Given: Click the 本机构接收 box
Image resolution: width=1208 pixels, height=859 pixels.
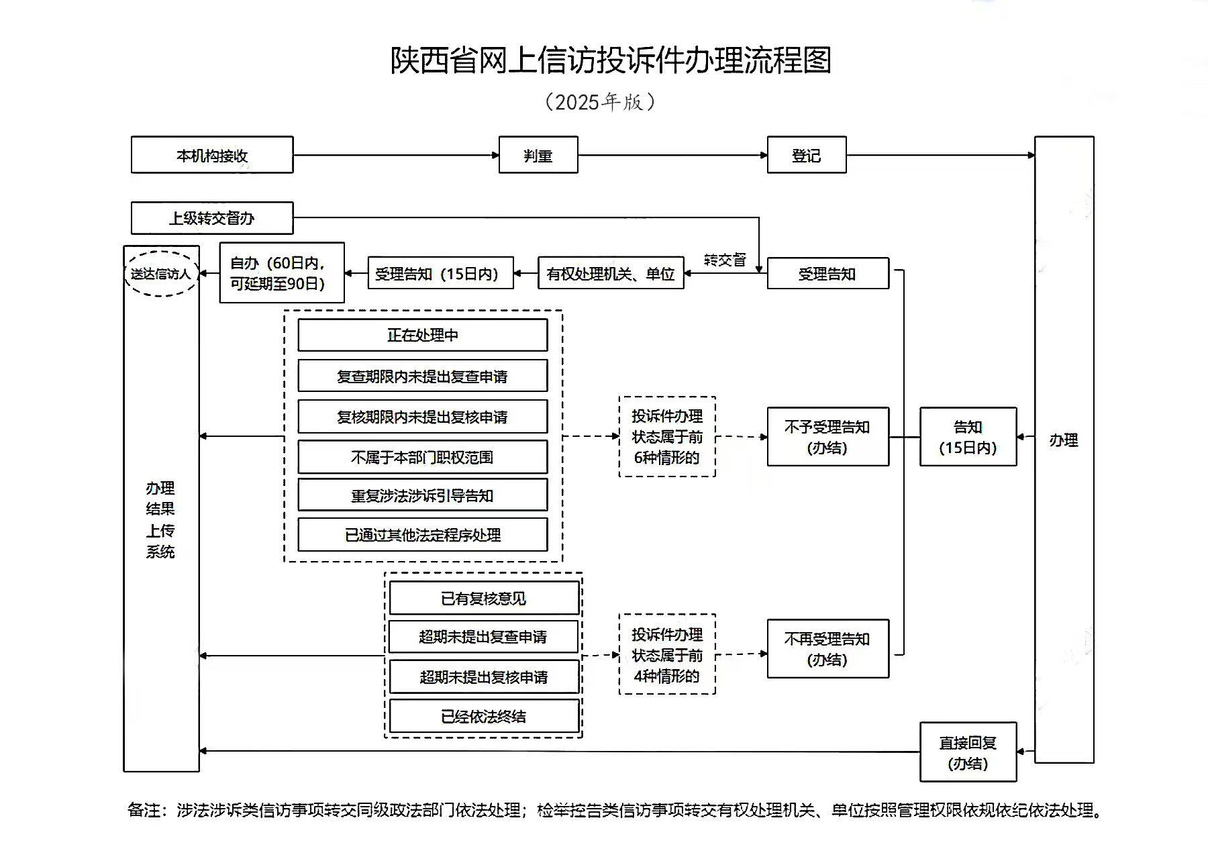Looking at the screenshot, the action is coord(212,155).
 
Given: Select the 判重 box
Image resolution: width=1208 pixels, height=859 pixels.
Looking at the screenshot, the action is coord(538,155).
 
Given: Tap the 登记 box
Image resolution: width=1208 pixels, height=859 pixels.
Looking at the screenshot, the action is coord(807,155).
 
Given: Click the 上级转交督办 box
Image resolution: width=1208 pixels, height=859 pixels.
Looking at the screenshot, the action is coord(212,218).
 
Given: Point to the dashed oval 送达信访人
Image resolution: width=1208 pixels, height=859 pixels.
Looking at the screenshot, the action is coord(161,274).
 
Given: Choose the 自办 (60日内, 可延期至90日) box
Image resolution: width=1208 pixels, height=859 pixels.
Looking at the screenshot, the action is coord(282,272).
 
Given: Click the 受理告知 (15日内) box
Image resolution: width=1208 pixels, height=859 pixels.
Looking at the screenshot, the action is coord(440,273).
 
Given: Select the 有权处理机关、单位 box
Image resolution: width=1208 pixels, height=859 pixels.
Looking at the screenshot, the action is coord(611,273).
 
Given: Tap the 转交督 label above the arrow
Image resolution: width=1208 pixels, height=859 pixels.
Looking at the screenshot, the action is coord(725,260).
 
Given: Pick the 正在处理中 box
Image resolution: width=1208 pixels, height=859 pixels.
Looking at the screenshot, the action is coord(423,335).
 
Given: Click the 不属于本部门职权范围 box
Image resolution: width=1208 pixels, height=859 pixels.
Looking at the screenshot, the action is coord(423,457).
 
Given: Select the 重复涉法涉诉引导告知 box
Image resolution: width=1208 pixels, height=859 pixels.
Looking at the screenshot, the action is coord(423,495).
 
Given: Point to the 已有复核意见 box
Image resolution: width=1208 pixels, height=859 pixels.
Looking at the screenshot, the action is coord(484,598).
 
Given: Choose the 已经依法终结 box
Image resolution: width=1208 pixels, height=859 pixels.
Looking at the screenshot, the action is coord(484,716).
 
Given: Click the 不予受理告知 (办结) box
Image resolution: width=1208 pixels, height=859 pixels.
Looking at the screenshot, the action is coord(828,436).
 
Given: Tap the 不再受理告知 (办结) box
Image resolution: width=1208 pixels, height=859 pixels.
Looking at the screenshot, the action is coord(828,648).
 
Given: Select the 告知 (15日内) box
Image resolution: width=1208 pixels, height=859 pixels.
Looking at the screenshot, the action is coord(968,436).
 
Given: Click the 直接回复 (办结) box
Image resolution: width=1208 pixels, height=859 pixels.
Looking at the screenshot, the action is coord(968,752).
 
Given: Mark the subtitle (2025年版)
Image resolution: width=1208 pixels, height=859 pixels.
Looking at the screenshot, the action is coord(600,102).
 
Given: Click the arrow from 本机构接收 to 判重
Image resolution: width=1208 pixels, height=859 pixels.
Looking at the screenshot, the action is coord(396,155).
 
